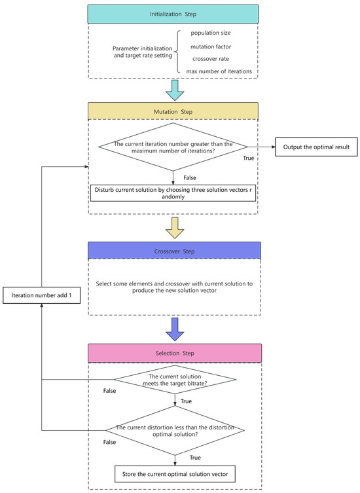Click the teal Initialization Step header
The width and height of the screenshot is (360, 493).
[174, 12]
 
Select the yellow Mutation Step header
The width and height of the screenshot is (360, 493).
[174, 111]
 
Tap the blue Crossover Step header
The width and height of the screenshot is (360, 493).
[174, 251]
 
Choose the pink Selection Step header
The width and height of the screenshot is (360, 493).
[174, 353]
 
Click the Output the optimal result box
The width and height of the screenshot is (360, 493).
[316, 147]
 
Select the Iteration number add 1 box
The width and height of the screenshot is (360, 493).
[42, 296]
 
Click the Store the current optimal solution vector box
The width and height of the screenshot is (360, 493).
[174, 473]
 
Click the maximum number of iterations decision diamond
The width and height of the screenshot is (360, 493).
[174, 148]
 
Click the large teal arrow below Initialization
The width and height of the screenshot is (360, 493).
[174, 89]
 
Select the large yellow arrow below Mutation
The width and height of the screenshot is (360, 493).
[174, 228]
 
